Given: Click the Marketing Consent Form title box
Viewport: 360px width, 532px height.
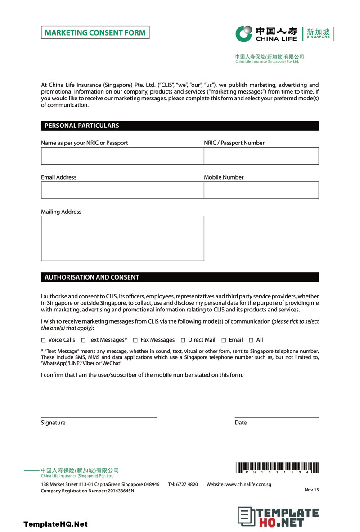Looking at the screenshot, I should coord(95,32).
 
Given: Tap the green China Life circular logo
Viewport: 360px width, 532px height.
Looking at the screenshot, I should coord(244,33).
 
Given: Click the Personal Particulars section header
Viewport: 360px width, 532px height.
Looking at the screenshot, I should coord(180,126).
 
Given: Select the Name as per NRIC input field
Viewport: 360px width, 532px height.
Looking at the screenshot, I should coord(122,156).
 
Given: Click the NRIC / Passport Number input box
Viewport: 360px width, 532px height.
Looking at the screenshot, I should coord(261,156).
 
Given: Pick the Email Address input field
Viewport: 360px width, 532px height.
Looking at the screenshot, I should coord(122,190).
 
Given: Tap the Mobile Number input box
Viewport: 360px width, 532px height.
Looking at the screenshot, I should coord(261,190).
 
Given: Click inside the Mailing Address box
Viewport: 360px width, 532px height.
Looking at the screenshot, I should coord(122,239).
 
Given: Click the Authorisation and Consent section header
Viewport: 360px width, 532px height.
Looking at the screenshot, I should coord(180,277).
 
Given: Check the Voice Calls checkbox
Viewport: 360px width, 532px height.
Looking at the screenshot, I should coord(43,340).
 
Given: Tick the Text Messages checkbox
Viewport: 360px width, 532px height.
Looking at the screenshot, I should coord(83,340).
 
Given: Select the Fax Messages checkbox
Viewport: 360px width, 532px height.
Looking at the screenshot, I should coord(135,340).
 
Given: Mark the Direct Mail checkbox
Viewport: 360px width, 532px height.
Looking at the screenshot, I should coord(183,340).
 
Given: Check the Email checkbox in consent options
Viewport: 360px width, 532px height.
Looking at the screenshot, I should coord(224,340).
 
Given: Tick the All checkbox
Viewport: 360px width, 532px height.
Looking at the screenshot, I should coord(251,340).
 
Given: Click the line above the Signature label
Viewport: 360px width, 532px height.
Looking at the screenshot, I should coord(99,418).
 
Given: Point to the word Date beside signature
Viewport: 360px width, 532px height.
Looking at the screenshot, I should coord(241,423).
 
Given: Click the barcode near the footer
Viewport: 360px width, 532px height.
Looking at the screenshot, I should coord(277,468).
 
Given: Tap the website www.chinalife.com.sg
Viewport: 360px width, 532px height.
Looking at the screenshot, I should coord(248,485).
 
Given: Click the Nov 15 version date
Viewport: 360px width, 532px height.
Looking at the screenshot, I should coord(311,490).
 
